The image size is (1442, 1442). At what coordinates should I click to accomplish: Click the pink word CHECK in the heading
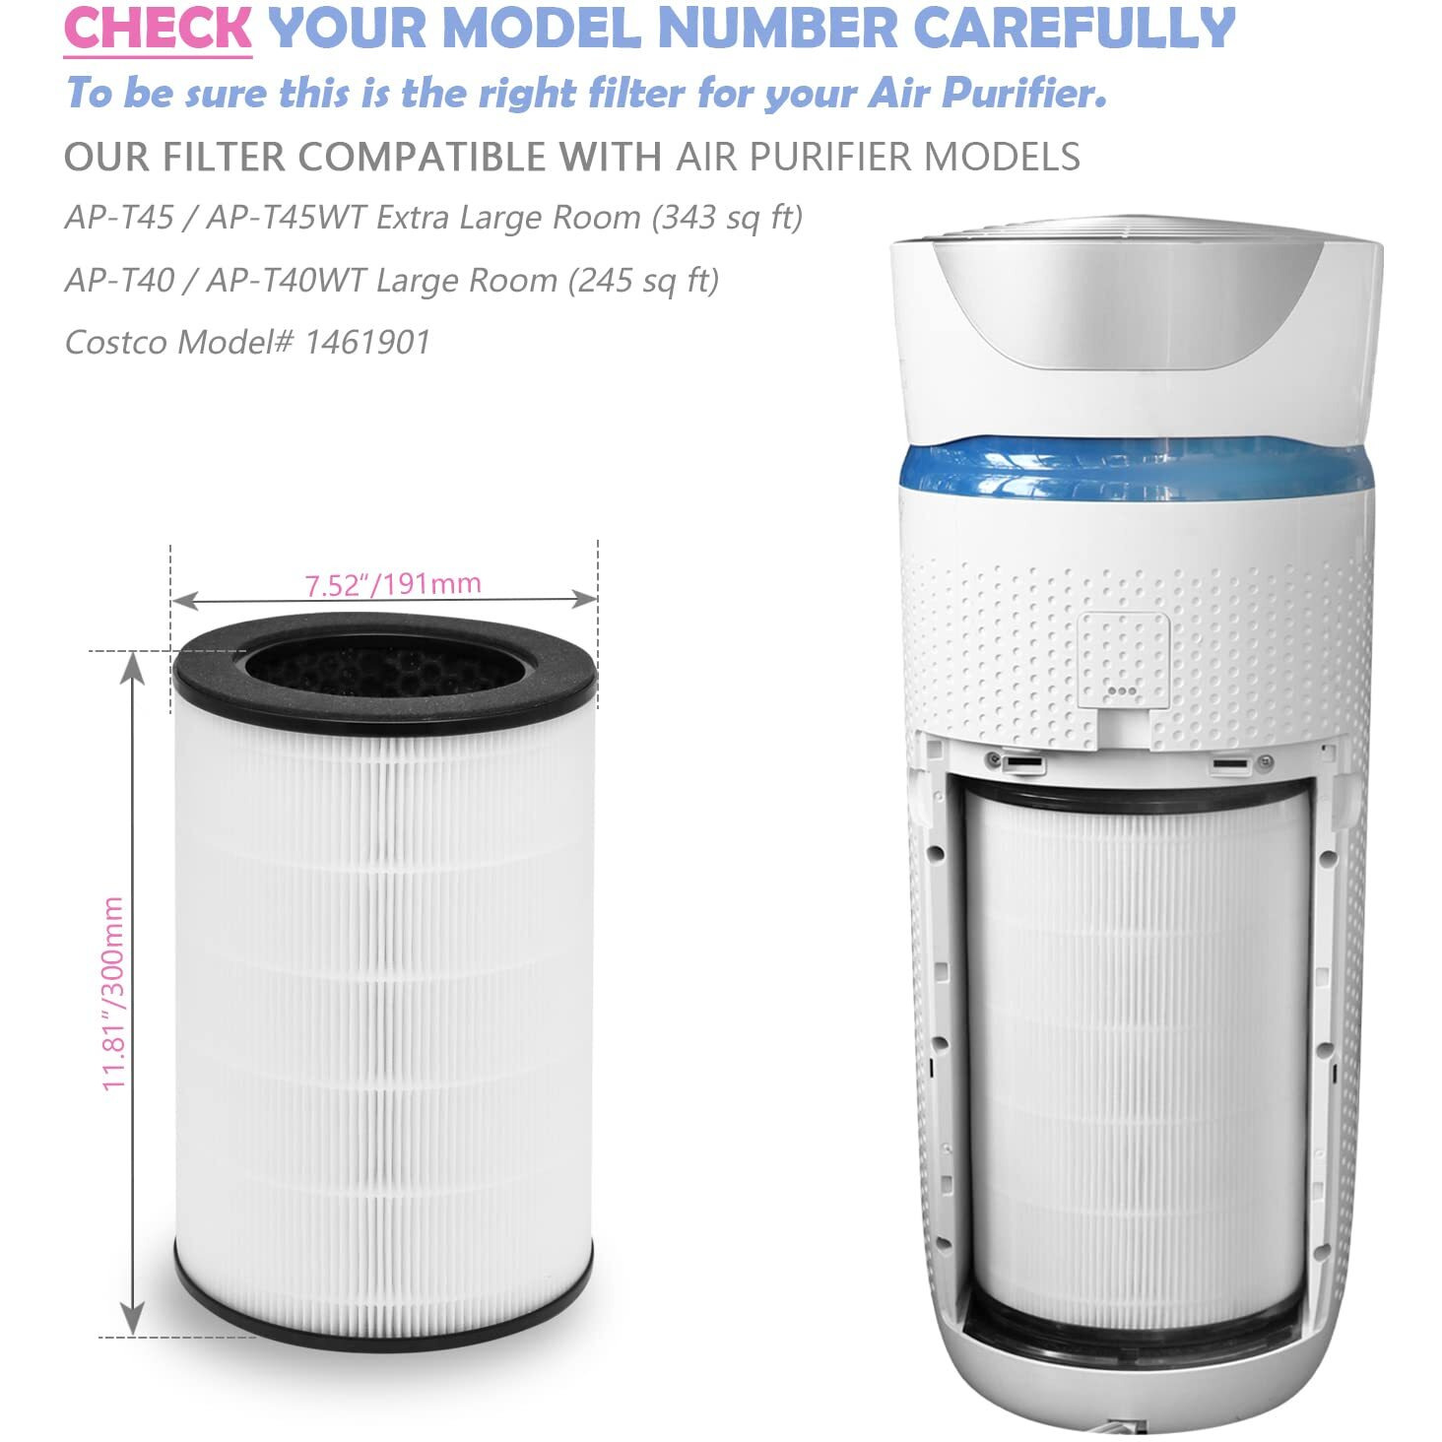[158, 28]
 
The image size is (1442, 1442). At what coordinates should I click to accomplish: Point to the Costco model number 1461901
[366, 343]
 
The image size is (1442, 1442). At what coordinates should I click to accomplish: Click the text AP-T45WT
[286, 218]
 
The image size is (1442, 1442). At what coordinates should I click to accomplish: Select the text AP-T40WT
[286, 281]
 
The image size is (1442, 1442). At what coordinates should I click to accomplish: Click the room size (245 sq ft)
[643, 282]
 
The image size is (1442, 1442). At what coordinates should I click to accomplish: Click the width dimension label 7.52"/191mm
[392, 584]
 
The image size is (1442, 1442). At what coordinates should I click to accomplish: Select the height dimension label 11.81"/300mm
[113, 993]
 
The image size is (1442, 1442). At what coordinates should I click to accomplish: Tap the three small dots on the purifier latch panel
[1121, 690]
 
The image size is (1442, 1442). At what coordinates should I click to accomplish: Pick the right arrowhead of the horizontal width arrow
[583, 599]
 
